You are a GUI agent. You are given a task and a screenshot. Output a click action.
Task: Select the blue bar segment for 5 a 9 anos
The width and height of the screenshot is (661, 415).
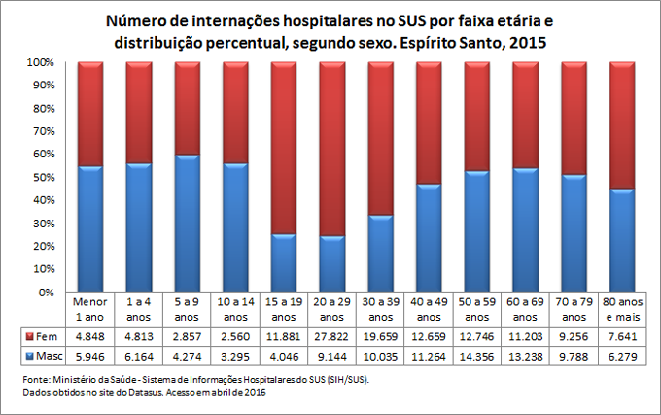point(187,223)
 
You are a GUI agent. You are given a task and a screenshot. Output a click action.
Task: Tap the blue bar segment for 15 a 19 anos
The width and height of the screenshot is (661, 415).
point(284,262)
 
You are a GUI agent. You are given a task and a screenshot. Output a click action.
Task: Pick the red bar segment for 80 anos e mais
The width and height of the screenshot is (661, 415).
point(622,124)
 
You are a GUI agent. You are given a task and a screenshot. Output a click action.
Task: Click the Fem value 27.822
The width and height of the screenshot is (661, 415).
point(332,335)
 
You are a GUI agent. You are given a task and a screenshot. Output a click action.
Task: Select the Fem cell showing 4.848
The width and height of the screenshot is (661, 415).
point(89,335)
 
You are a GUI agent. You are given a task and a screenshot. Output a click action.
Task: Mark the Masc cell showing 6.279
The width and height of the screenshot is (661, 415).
point(622,355)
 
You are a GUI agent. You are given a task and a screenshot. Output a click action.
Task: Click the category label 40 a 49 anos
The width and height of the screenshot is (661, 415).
point(429,309)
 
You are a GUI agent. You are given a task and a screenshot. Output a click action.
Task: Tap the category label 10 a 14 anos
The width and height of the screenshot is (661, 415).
point(235,309)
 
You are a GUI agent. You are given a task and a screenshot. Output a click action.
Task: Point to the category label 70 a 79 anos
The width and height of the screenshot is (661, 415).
point(574,309)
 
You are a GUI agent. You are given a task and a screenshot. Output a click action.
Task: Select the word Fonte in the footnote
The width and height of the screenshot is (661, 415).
point(35,378)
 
